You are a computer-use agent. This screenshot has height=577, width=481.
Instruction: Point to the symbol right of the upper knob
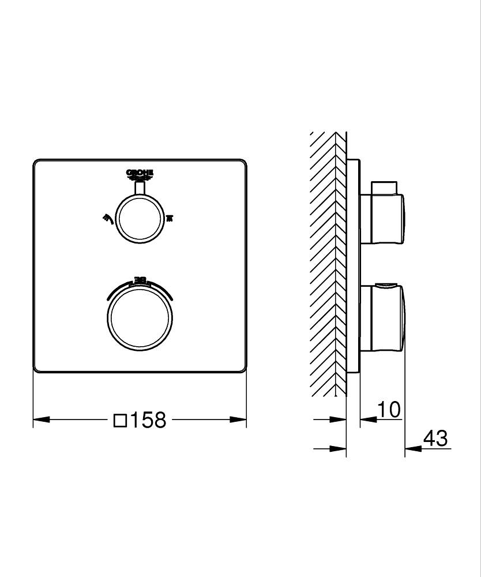(169, 218)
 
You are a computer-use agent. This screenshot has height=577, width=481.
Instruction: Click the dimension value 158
(147, 420)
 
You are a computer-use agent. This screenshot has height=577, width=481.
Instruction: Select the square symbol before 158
(120, 420)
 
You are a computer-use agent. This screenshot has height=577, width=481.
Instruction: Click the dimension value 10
(389, 410)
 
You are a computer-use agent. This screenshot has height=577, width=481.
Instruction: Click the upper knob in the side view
(384, 218)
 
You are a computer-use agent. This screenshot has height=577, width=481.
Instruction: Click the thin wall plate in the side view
(353, 265)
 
